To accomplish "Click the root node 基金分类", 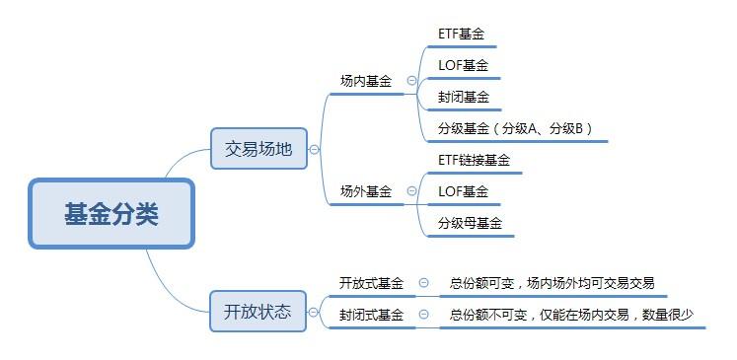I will pos(111,213).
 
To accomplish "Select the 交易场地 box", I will pos(258,149).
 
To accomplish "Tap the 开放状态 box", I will pos(258,312).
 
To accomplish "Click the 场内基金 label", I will pos(366,82).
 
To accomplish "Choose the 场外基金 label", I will pos(366,191).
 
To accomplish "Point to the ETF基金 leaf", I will pos(461,34).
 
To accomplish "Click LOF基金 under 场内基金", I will pos(463,66).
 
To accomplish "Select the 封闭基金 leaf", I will pos(464,98).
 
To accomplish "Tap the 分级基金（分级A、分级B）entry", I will pos(515,129).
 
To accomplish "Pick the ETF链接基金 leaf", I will pos(475,160).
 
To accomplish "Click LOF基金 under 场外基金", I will pos(463,191).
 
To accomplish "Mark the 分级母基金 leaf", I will pos(471,224).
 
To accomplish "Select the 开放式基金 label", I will pos(371,283).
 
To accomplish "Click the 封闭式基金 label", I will pos(371,315).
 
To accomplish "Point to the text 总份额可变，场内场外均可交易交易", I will pos(552,283).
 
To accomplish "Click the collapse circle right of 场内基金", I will pos(410,82).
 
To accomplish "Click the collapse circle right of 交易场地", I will pos(314,150).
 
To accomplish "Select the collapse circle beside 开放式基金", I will pos(423,283).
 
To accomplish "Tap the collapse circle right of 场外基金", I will pos(410,191).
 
